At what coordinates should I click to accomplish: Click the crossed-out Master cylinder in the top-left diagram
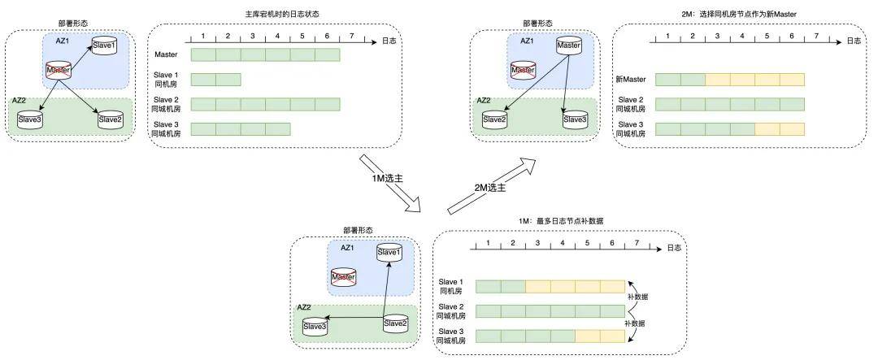click(x=58, y=72)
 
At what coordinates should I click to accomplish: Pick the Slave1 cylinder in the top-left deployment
click(x=103, y=46)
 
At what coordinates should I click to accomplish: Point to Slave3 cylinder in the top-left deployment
click(x=30, y=120)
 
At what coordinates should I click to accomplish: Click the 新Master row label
click(x=631, y=80)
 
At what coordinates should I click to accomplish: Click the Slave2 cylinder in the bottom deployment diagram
click(x=394, y=323)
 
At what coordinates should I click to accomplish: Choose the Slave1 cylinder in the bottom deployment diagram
click(x=389, y=252)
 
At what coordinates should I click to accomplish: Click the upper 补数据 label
click(x=637, y=297)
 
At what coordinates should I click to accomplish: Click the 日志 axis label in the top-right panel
click(x=852, y=40)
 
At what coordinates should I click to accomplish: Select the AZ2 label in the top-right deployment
click(x=483, y=102)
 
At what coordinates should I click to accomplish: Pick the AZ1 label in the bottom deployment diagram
click(x=347, y=248)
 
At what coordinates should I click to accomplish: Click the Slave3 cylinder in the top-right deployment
click(x=575, y=119)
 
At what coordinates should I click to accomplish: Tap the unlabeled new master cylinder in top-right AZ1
click(x=568, y=46)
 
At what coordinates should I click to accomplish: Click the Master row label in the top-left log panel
click(x=165, y=54)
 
